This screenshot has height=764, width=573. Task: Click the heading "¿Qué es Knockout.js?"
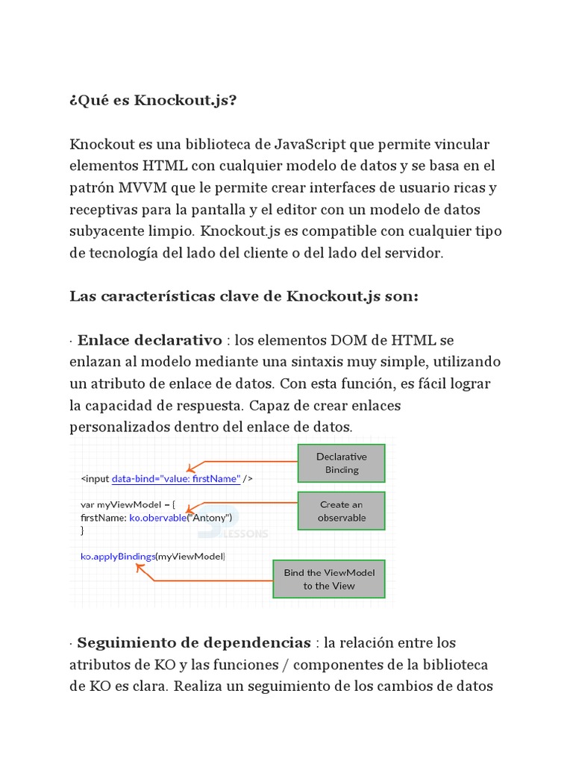click(153, 100)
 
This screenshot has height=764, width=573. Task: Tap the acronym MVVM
click(144, 187)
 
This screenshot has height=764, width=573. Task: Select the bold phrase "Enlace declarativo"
click(149, 340)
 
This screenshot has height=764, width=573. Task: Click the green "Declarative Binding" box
click(341, 463)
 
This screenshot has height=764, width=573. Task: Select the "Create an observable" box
click(341, 510)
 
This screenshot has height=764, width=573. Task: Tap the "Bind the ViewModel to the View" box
click(328, 579)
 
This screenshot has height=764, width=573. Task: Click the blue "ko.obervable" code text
click(157, 517)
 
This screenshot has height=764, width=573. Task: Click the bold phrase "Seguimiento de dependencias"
click(194, 642)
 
